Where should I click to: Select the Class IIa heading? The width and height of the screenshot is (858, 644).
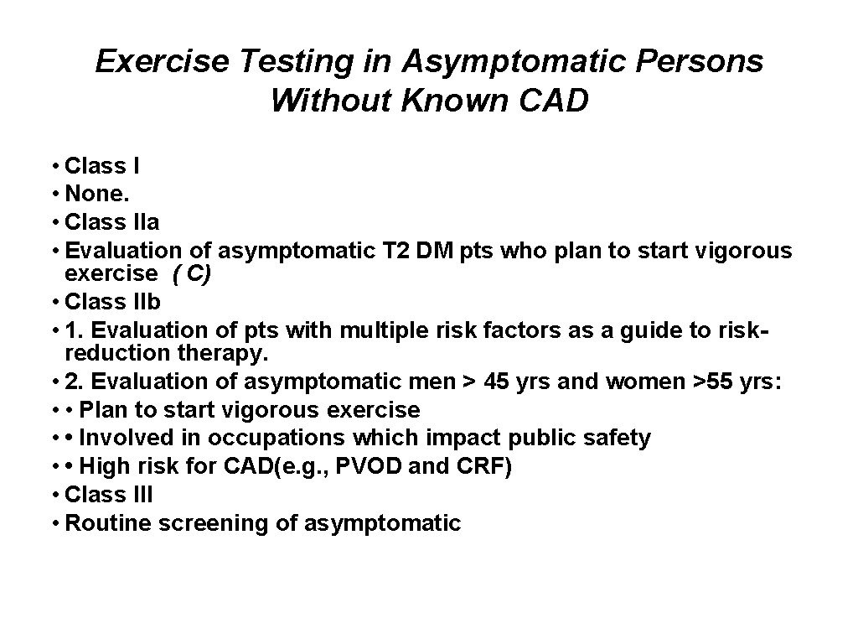(x=112, y=222)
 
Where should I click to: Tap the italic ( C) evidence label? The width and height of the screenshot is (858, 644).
(x=194, y=273)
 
